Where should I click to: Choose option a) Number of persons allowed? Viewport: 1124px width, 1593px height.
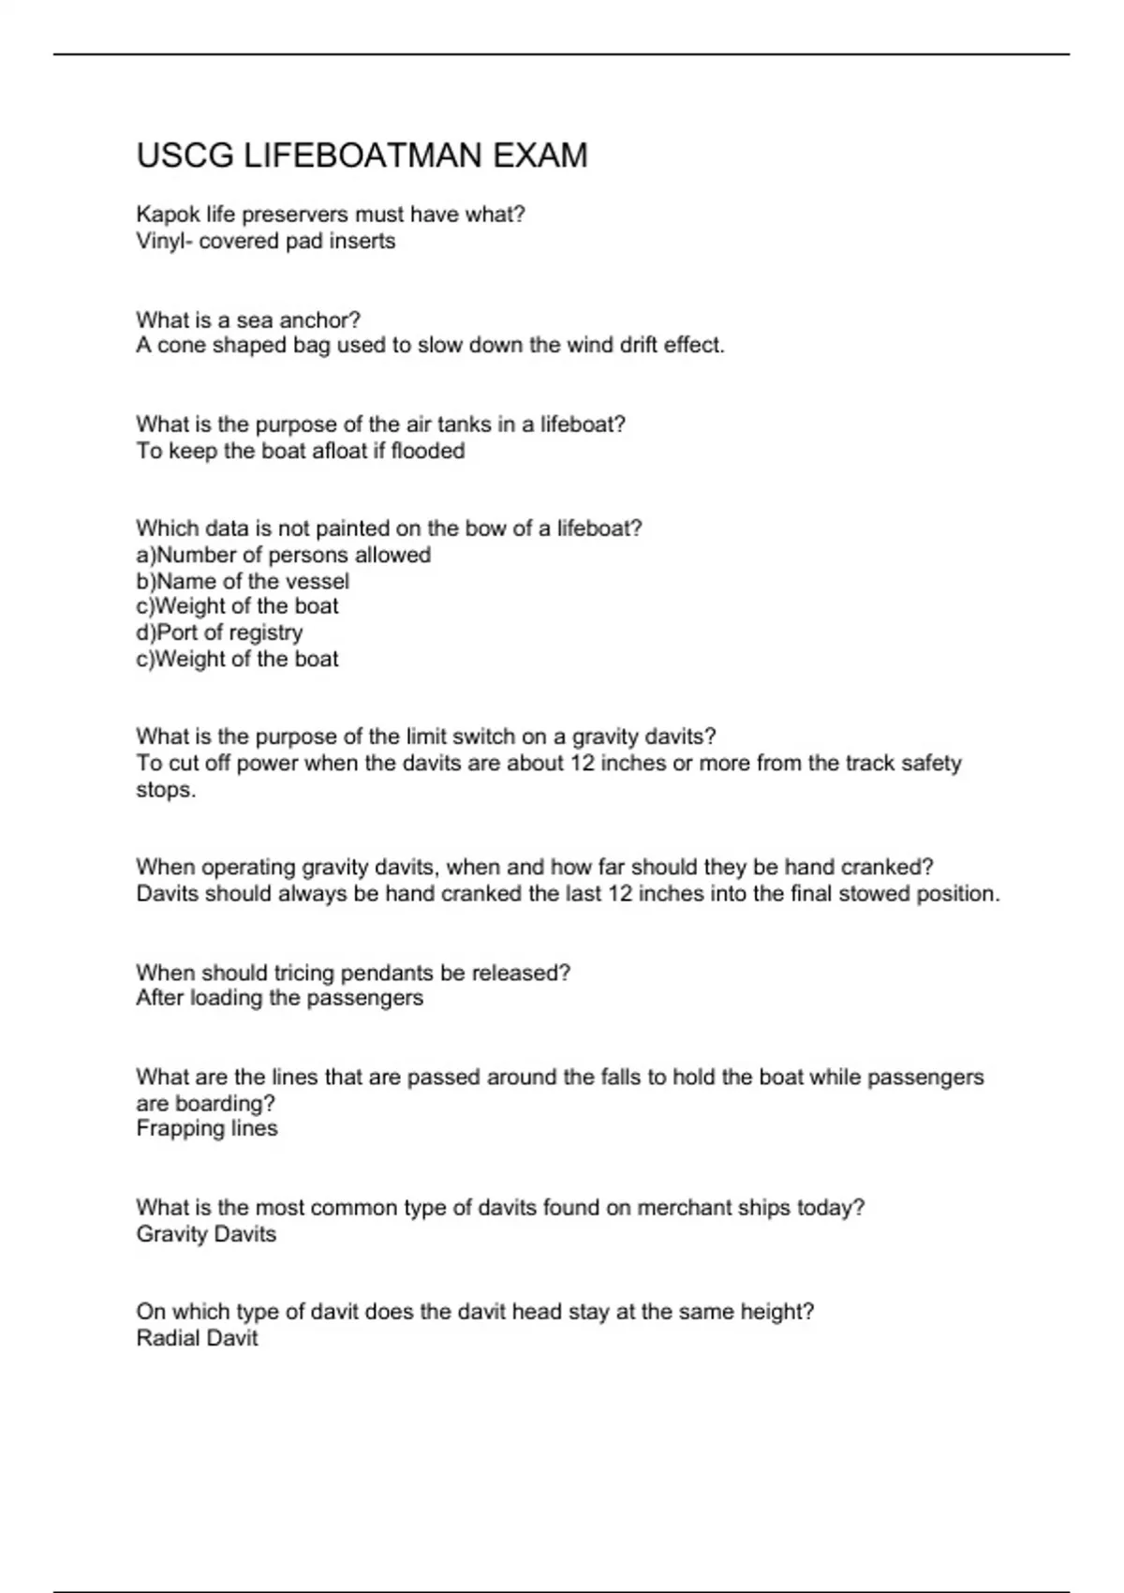point(283,555)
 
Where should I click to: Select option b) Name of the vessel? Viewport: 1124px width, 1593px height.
point(243,581)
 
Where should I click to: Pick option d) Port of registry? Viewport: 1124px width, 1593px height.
point(219,633)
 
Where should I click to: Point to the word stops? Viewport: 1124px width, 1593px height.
point(166,789)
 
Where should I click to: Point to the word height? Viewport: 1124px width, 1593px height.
point(777,1312)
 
